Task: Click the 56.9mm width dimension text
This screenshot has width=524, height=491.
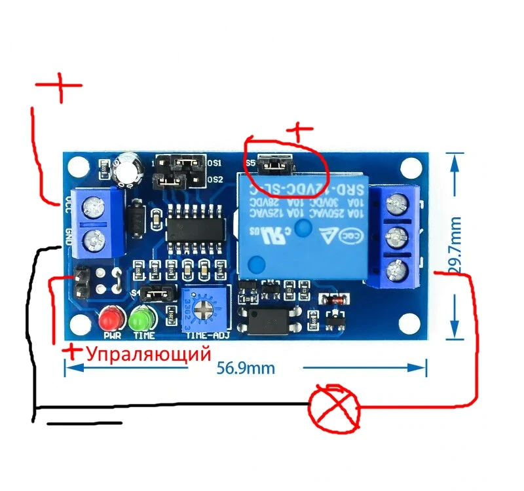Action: (246, 368)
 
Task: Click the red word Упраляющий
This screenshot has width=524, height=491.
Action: (149, 355)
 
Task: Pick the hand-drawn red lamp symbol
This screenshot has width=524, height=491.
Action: (335, 407)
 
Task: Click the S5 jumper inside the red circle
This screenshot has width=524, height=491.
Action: (275, 166)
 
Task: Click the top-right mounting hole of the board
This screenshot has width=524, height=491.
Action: (411, 168)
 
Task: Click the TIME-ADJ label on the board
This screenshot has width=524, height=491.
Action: (207, 335)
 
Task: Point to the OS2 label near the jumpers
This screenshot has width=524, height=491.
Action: (215, 179)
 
